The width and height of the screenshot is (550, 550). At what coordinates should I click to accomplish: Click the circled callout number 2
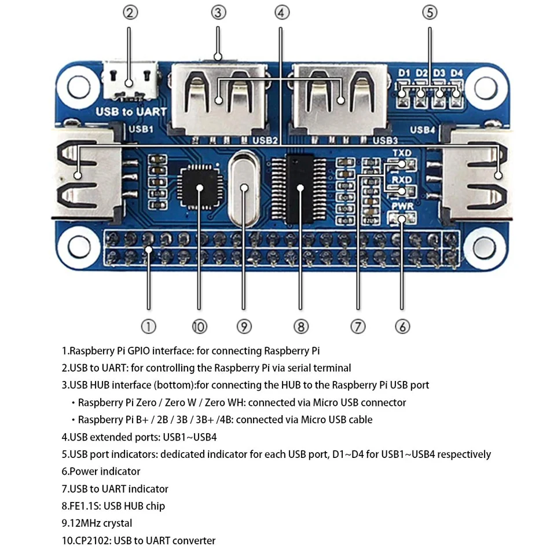click(131, 12)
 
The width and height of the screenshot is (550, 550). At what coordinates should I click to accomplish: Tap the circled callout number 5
click(430, 12)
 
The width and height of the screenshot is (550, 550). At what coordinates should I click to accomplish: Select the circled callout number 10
click(199, 327)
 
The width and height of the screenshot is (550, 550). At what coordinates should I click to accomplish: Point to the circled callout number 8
click(300, 327)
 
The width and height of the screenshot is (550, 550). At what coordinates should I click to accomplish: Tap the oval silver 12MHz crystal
click(244, 188)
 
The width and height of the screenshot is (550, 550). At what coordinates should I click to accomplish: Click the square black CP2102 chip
click(200, 188)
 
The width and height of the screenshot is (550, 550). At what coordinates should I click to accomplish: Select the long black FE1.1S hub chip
click(300, 188)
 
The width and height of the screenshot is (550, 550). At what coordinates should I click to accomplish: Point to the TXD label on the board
click(402, 153)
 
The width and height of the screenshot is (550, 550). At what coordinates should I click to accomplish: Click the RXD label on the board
click(402, 179)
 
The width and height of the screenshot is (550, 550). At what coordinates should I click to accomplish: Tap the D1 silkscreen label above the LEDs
click(404, 73)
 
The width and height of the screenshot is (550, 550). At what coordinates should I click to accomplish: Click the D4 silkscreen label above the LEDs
click(457, 73)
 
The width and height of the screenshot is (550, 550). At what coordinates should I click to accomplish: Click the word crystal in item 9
click(116, 523)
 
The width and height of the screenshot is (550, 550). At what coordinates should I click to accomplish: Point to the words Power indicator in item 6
click(105, 471)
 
